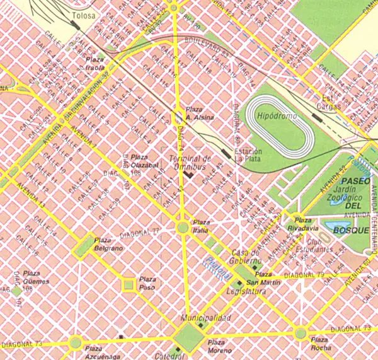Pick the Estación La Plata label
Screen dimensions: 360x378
pyautogui.click(x=248, y=154)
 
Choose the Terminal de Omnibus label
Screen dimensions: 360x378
pyautogui.click(x=190, y=162)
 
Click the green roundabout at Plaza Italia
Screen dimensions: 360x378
pyautogui.click(x=183, y=227)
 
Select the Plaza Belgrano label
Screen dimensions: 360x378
pyautogui.click(x=107, y=244)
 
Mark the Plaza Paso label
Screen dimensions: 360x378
pyautogui.click(x=147, y=282)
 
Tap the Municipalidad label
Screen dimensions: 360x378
pyautogui.click(x=206, y=318)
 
